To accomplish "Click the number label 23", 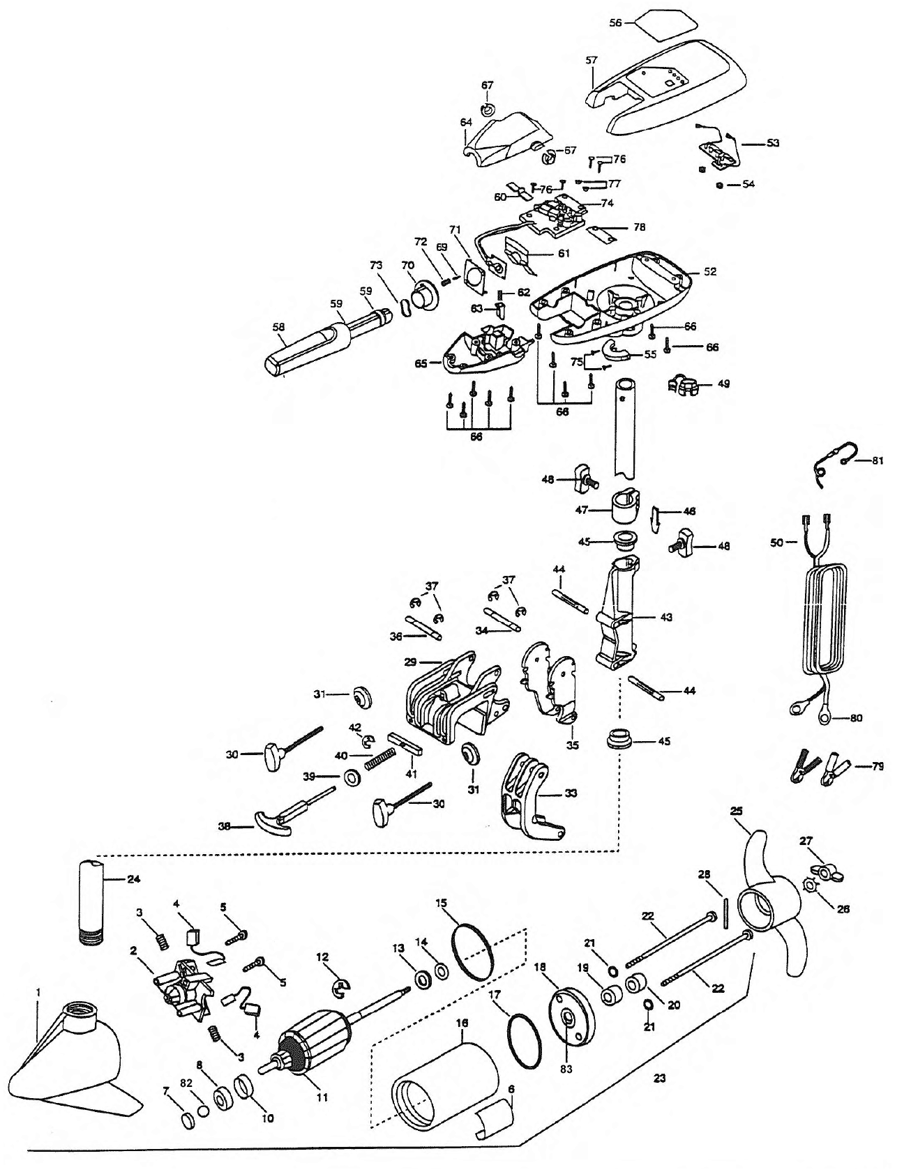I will tap(659, 1078).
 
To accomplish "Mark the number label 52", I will tap(710, 271).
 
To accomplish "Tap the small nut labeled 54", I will tap(718, 185).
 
